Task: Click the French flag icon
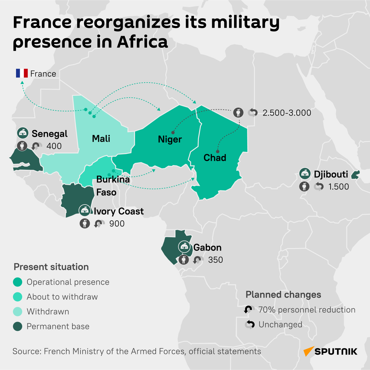point(22,73)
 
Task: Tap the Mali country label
point(101,139)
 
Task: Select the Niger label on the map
point(170,139)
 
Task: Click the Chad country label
point(215,158)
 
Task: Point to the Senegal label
point(49,134)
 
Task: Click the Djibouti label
point(331,174)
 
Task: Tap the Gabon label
point(208,247)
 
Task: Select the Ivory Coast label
point(119,211)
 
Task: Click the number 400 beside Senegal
point(54,146)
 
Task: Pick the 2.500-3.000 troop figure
point(287,113)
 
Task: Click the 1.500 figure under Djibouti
point(339,187)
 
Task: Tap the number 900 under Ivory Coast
point(117,224)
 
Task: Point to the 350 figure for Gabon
point(216,260)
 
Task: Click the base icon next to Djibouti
point(305,174)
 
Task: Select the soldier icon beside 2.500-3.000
point(238,112)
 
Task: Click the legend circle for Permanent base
point(18,326)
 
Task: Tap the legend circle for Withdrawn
point(18,311)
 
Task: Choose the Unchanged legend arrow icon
point(250,324)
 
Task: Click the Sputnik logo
point(330,351)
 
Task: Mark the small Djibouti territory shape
point(356,175)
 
